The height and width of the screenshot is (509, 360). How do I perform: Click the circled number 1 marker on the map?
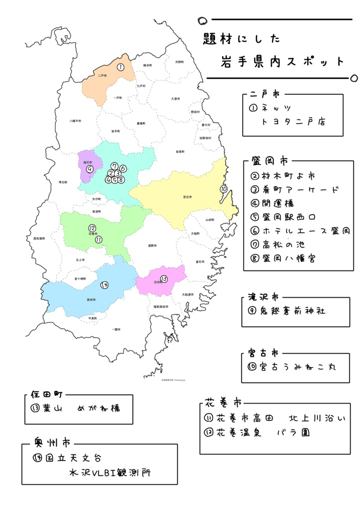pos(120,67)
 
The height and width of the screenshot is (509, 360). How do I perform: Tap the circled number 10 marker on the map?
pos(224,189)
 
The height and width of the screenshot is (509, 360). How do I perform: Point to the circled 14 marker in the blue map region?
pos(104,285)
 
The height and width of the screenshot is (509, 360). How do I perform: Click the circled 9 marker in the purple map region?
pos(90,169)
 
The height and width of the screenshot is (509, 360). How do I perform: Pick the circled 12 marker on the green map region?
pos(92,228)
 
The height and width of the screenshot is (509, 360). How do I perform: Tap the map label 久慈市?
pos(175,99)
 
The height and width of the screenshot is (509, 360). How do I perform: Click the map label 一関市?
pos(116,330)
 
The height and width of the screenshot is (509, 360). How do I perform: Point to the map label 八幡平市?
pos(76,121)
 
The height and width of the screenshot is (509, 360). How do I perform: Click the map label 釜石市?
pos(200,261)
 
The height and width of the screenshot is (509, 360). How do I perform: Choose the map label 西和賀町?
pos(39,239)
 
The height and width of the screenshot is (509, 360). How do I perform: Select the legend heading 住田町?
pos(45,395)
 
